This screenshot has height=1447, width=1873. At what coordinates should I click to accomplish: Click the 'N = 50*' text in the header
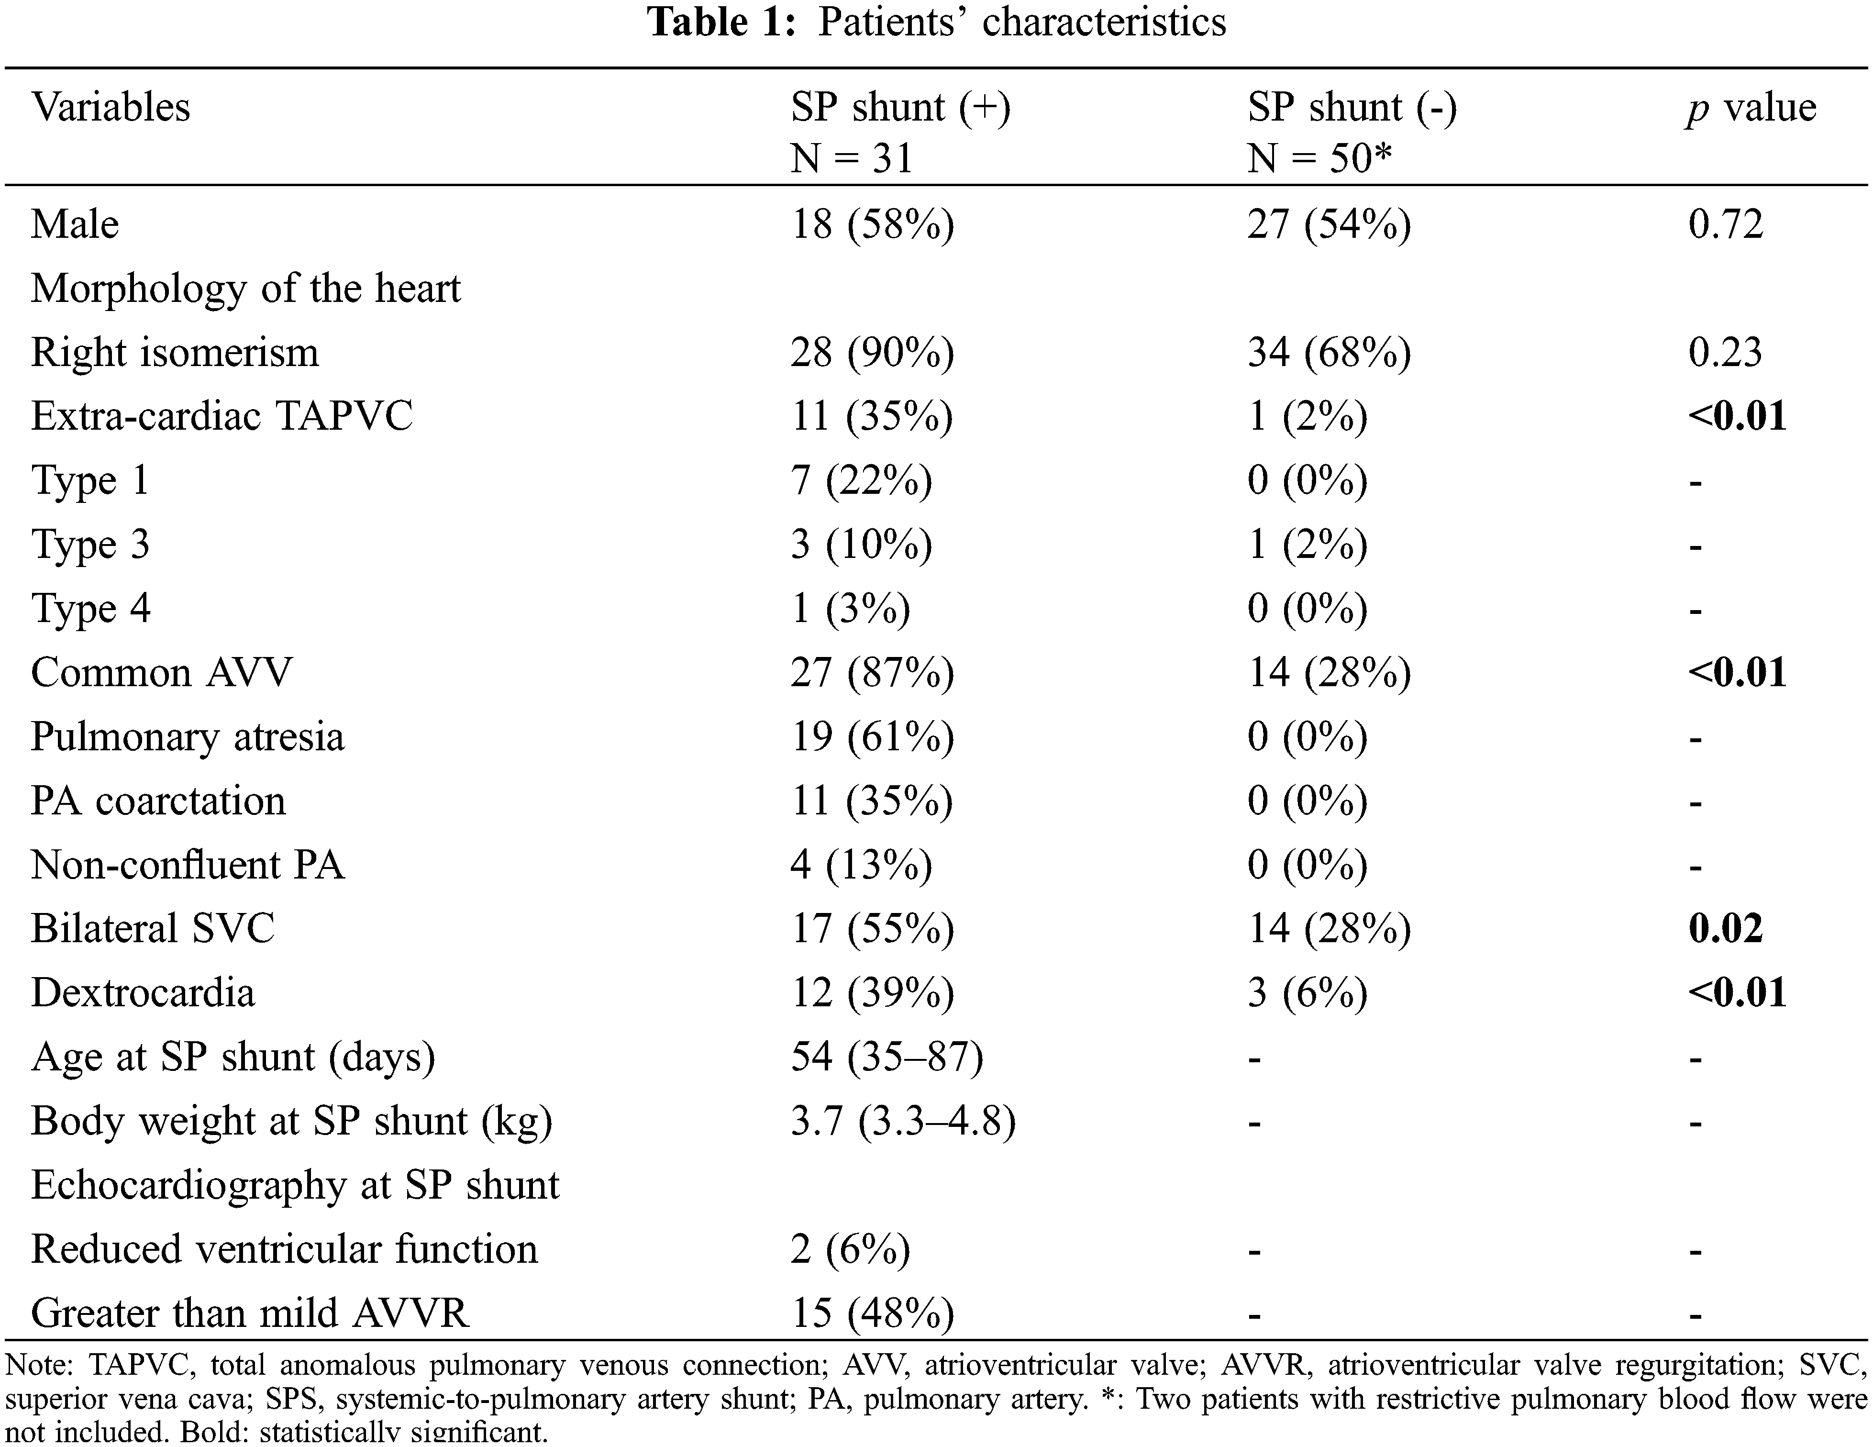(x=1319, y=158)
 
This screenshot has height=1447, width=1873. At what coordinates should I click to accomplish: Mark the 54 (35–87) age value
(x=886, y=1057)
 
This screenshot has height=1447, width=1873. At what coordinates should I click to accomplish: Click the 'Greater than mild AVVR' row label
(x=250, y=1313)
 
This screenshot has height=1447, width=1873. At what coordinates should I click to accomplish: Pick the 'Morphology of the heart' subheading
(x=245, y=288)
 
